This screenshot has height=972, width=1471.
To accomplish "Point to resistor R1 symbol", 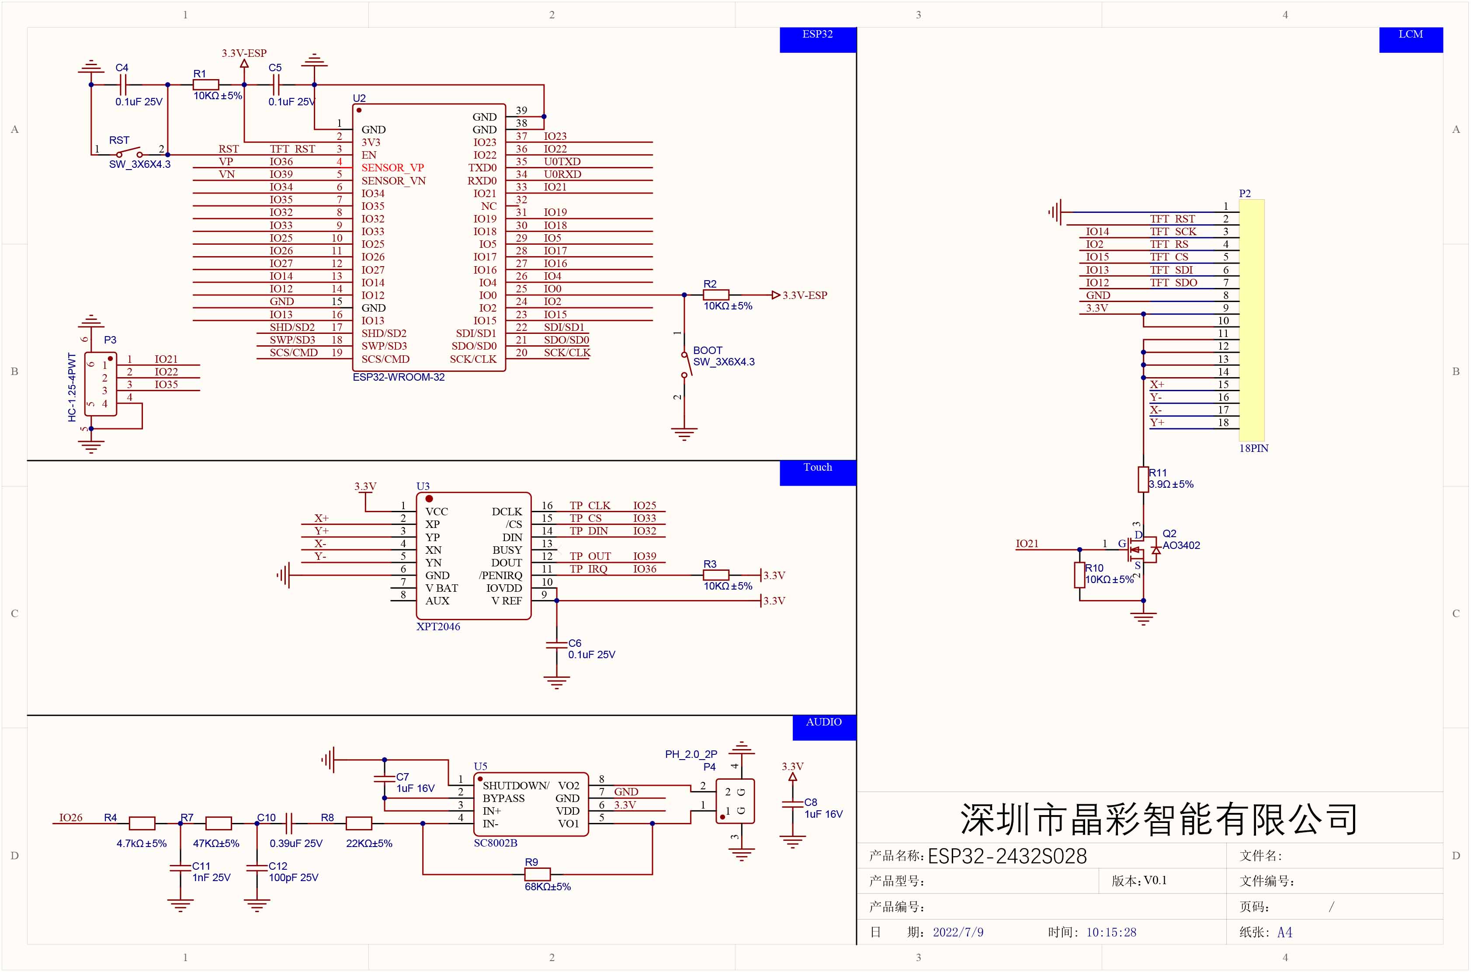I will [x=206, y=85].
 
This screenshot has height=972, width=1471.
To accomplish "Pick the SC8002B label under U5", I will [x=495, y=843].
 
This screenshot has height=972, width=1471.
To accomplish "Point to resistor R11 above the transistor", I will [x=1143, y=479].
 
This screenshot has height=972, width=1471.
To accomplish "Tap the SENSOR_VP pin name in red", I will [x=392, y=167].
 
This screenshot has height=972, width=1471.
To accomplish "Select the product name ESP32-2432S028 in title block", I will [x=1007, y=856].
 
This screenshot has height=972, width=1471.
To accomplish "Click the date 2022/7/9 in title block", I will [x=958, y=932].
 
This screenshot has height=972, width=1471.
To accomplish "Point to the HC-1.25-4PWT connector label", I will [x=72, y=387].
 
